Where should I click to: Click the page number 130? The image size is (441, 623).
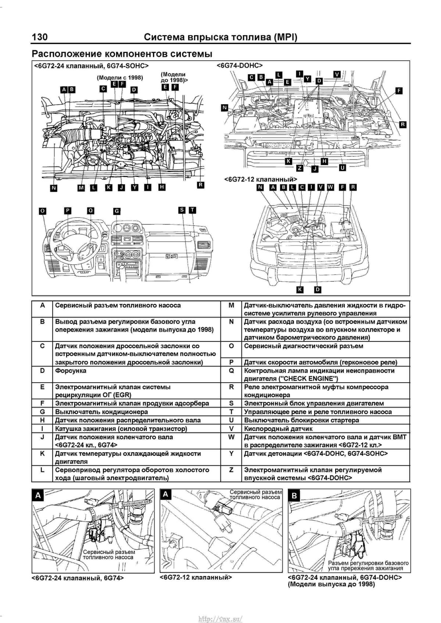click(40, 37)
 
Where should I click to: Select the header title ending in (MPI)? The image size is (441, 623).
click(220, 37)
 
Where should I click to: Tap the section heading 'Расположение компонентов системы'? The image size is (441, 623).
click(122, 54)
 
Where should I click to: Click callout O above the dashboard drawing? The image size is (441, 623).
click(43, 211)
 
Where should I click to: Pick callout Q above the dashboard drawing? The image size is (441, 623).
click(90, 210)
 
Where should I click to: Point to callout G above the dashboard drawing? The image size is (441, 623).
click(116, 211)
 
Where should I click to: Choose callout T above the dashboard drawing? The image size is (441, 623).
click(192, 210)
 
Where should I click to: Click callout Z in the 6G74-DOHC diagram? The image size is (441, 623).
click(300, 168)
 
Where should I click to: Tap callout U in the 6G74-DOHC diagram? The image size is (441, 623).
click(343, 168)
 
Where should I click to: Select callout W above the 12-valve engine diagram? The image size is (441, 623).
click(330, 187)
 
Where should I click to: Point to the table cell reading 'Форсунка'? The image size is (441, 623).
click(71, 371)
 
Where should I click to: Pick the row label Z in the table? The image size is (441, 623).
click(231, 470)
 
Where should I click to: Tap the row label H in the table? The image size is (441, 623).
click(42, 420)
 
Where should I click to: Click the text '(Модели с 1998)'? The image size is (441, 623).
click(120, 78)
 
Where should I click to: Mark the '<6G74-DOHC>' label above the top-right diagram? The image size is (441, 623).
click(240, 66)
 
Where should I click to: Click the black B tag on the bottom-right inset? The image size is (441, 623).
click(294, 496)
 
